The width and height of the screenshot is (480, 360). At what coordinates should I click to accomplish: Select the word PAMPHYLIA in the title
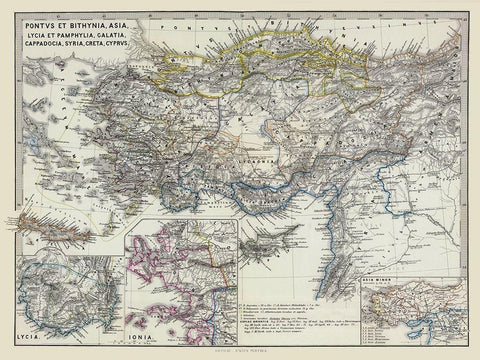coord(84,28)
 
